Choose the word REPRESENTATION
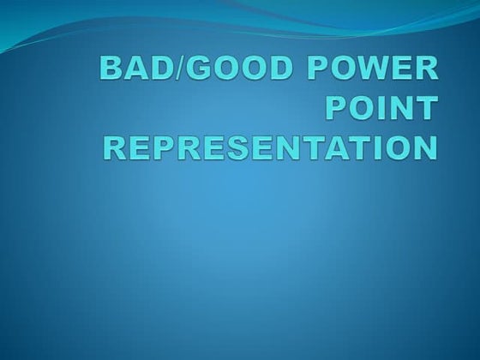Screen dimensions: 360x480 271,147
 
